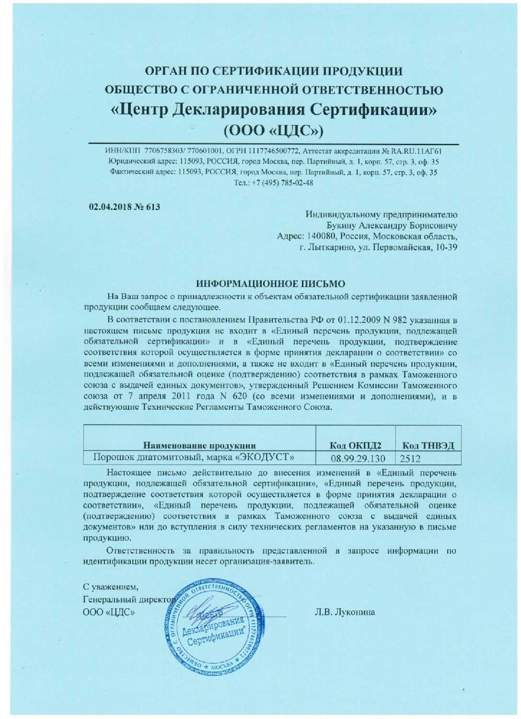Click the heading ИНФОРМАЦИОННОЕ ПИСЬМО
pos(271,284)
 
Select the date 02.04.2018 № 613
pos(125,207)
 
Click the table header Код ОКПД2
pos(356,445)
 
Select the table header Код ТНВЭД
pos(428,445)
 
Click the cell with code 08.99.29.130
pos(358,459)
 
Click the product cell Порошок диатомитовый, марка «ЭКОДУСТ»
pos(193,457)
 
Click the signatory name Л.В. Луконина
pos(345,612)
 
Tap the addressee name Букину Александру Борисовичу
pos(392,225)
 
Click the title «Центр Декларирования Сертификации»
pos(274,109)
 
